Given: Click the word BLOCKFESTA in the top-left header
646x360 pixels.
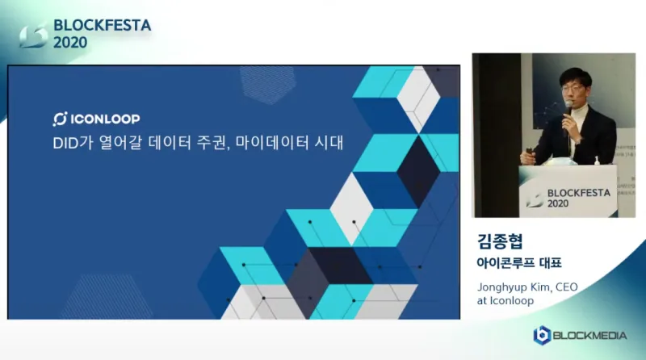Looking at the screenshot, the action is (x=103, y=26).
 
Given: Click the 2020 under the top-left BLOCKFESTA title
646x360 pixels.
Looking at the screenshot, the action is (x=70, y=43).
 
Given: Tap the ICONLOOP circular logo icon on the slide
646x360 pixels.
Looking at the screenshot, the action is (x=60, y=119).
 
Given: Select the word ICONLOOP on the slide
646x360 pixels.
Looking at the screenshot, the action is (x=105, y=119).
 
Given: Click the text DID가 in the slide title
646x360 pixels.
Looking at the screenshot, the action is (x=73, y=143).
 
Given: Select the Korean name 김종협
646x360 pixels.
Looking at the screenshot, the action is (x=500, y=241).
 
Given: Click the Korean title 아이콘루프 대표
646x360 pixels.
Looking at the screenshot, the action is (x=519, y=263).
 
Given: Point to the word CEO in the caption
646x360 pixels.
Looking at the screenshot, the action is (x=567, y=287).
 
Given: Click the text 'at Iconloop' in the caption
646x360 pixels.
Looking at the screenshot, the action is (x=505, y=301).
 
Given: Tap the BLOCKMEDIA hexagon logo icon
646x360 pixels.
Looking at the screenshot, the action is (x=542, y=335).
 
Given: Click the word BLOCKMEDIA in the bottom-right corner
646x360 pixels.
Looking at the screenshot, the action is (x=589, y=336).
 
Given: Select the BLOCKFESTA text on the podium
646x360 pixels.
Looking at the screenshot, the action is (x=578, y=193).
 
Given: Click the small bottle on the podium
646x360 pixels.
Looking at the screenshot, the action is (x=597, y=161).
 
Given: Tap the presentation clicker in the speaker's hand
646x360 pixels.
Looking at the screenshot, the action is (x=530, y=152).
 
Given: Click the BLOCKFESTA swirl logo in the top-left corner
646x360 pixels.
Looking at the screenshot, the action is (x=33, y=36).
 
